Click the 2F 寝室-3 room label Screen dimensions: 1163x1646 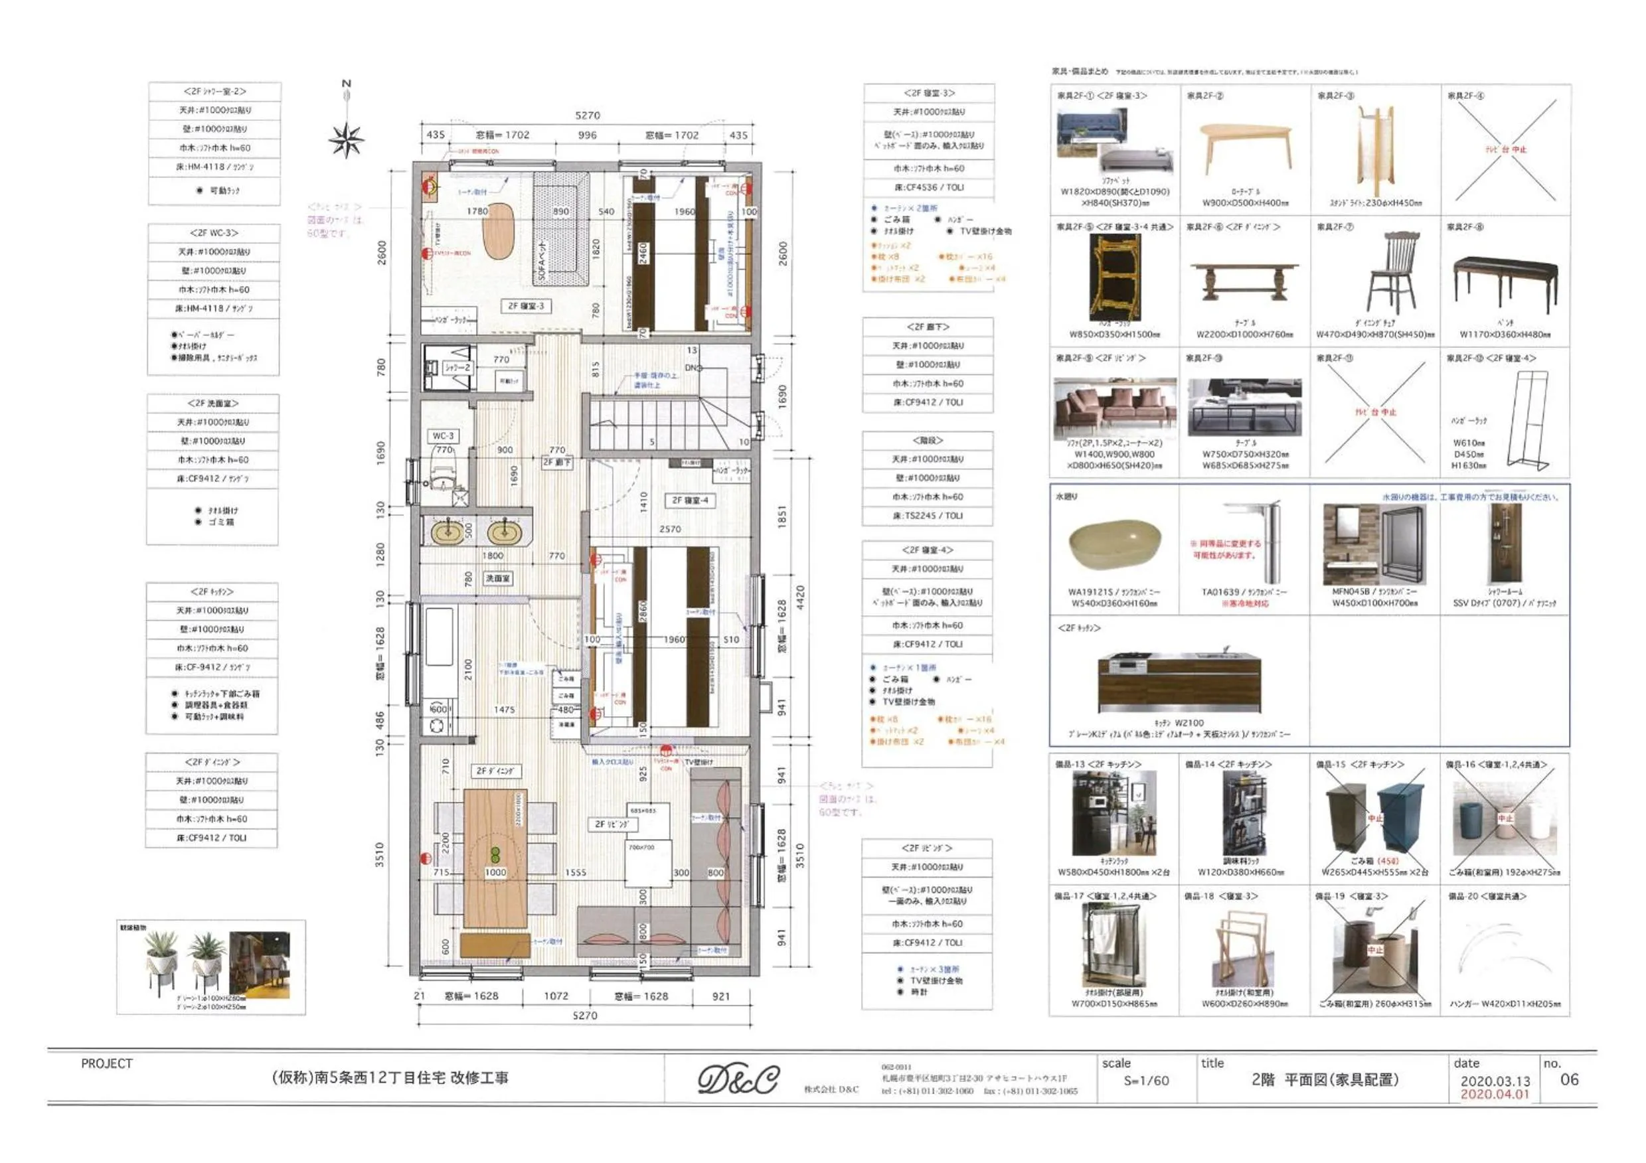click(525, 306)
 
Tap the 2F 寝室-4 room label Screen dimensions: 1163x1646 click(690, 500)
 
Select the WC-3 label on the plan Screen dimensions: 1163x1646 click(443, 435)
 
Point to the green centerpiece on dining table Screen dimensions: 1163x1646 click(495, 854)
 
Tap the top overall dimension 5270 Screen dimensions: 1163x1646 click(587, 116)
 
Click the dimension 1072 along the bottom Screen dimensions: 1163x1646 click(556, 996)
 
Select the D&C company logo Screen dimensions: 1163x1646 click(738, 1079)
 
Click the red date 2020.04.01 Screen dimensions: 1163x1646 click(1495, 1094)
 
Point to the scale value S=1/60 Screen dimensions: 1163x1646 click(1145, 1081)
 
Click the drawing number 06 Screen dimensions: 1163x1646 click(1569, 1079)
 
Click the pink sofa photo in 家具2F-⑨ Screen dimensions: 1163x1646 click(1114, 409)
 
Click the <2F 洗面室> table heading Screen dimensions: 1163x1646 click(212, 404)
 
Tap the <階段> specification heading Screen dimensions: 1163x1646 click(928, 440)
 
